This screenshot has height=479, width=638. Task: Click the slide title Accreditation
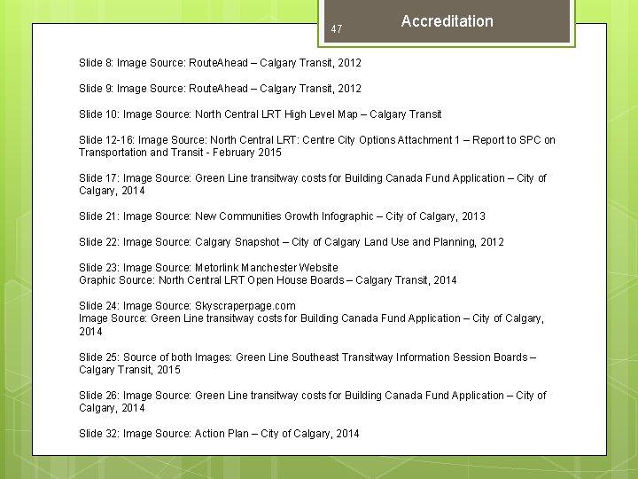click(447, 21)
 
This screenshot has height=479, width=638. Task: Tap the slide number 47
click(337, 29)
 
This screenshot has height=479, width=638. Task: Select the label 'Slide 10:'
click(98, 114)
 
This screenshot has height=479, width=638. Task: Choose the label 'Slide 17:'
click(98, 178)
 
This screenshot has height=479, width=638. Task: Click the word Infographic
click(377, 216)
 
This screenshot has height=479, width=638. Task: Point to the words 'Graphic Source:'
click(117, 280)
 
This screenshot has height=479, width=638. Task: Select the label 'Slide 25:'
click(98, 357)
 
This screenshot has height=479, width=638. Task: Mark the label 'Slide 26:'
click(98, 396)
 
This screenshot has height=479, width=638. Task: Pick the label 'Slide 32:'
click(98, 434)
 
